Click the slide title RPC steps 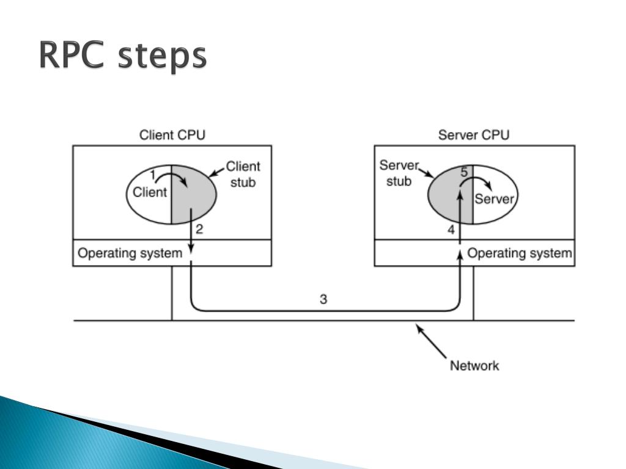click(123, 57)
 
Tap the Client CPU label click(172, 135)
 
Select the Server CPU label click(474, 135)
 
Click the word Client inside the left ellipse click(150, 192)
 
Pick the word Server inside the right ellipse click(495, 199)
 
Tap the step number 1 click(152, 175)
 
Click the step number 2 click(199, 230)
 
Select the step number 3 click(323, 299)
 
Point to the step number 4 click(451, 230)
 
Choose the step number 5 click(464, 173)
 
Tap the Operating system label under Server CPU click(520, 253)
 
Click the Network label click(474, 366)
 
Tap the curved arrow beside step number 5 click(483, 183)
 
